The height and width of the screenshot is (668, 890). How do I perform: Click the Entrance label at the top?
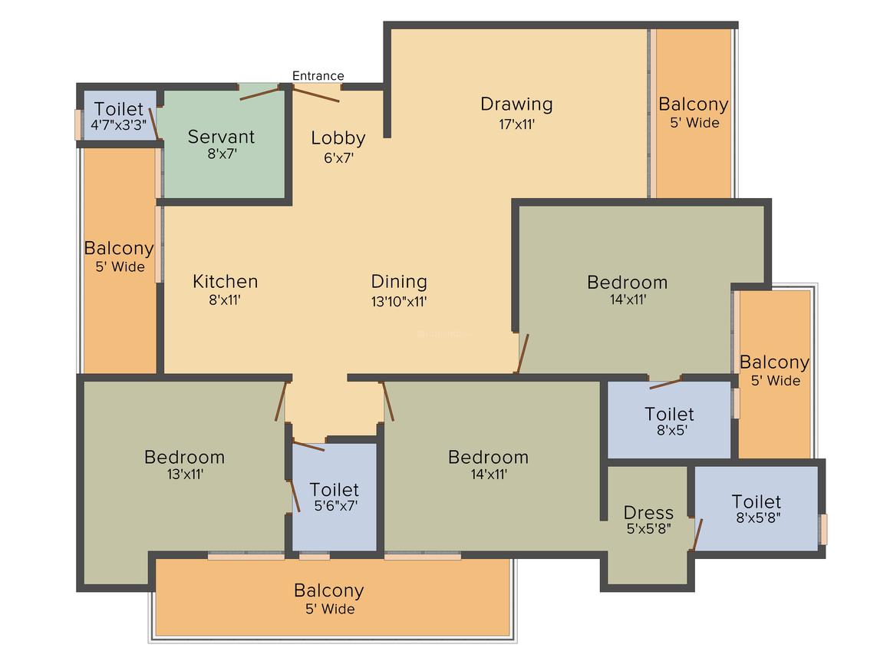click(318, 75)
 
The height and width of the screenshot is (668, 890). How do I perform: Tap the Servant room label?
click(221, 137)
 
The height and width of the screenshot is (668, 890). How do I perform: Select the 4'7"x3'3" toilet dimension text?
click(118, 124)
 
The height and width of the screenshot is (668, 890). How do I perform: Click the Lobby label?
click(338, 138)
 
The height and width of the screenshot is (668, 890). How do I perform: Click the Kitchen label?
click(225, 282)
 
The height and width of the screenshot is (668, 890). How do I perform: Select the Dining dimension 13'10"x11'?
click(399, 301)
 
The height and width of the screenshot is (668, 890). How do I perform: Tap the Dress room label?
click(648, 512)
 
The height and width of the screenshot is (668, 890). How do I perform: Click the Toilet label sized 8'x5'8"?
click(756, 502)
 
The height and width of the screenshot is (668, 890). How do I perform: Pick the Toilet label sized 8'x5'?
click(669, 415)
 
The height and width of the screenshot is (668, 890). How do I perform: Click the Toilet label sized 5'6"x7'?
click(334, 489)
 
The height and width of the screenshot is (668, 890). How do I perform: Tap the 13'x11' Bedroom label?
click(184, 457)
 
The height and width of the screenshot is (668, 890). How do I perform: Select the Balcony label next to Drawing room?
click(693, 104)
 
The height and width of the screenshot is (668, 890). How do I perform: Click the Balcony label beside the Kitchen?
click(119, 249)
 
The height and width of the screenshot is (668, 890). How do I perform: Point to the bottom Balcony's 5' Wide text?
click(328, 609)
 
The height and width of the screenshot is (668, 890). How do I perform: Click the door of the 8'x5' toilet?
click(665, 382)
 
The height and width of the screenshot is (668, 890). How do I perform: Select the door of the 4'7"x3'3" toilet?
click(153, 123)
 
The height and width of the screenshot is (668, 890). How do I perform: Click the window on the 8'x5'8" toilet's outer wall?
click(823, 529)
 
